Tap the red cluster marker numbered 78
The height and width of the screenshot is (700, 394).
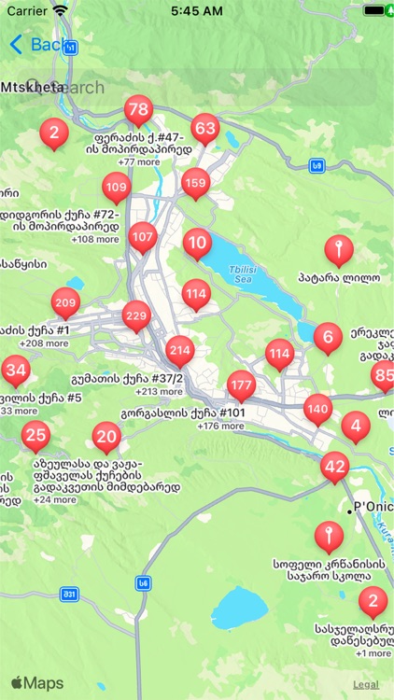tap(138, 110)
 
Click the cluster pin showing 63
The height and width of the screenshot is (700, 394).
tap(204, 129)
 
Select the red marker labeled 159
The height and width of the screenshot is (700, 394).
tap(195, 183)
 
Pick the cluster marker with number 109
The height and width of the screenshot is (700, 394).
tap(116, 188)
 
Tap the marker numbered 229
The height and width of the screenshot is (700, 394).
tap(136, 316)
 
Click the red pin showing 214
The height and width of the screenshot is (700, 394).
tap(180, 351)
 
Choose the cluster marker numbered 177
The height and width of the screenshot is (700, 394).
tap(241, 385)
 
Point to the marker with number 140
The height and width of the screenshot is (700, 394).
tap(317, 409)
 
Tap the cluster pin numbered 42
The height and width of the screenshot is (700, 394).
tap(334, 467)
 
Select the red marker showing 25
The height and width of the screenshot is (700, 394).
tap(35, 434)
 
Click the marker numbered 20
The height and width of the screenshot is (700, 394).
tap(107, 436)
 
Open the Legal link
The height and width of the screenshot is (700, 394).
tap(365, 685)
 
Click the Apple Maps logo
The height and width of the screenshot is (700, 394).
tap(37, 683)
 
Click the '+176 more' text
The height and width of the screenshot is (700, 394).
tap(220, 427)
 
